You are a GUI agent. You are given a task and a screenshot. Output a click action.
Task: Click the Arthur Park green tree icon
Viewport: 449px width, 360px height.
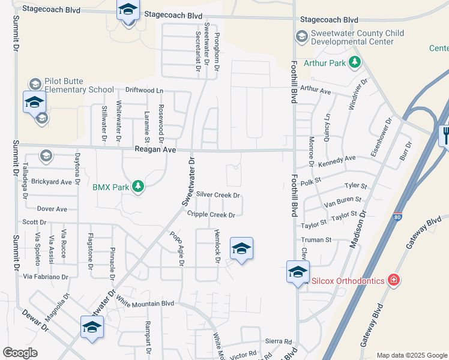pyautogui.click(x=355, y=62)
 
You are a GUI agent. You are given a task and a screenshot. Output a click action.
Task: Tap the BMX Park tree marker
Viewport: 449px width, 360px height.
pyautogui.click(x=138, y=187)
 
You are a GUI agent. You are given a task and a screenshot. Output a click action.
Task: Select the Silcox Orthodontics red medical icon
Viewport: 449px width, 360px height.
pyautogui.click(x=393, y=280)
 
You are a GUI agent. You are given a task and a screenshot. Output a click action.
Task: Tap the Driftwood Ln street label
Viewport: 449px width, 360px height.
pyautogui.click(x=143, y=91)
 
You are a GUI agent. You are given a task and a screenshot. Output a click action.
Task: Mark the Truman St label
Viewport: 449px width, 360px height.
pyautogui.click(x=316, y=239)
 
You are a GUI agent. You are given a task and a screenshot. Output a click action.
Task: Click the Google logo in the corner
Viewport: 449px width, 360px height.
pyautogui.click(x=20, y=353)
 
